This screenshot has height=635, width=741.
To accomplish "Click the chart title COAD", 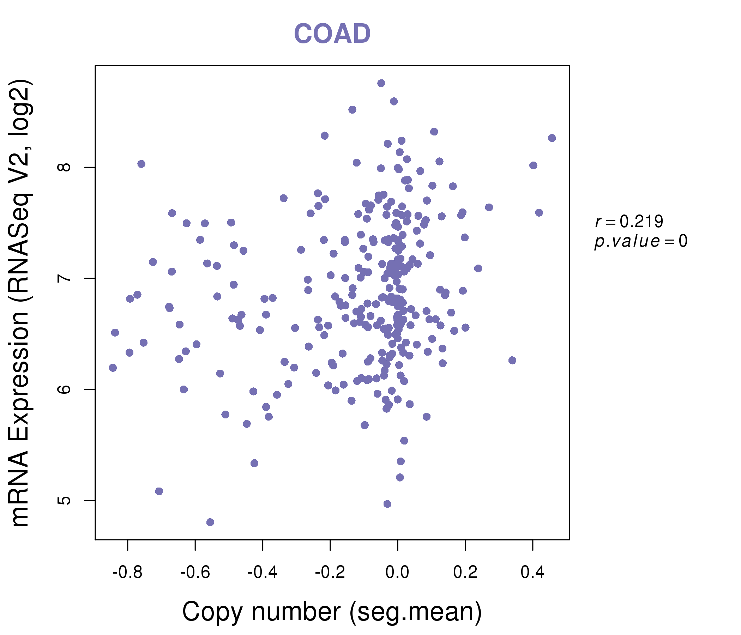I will click(332, 34).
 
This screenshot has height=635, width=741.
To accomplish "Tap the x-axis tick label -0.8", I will click(127, 573).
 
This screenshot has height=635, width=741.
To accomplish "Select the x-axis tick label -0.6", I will click(195, 573).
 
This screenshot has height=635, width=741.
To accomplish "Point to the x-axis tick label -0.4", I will click(263, 573).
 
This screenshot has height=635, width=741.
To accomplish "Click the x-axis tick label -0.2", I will click(330, 573).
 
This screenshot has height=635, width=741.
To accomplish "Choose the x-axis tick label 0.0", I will click(397, 573).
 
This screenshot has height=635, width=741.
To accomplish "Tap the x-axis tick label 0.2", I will click(465, 573).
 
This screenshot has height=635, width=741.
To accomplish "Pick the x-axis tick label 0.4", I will click(532, 573).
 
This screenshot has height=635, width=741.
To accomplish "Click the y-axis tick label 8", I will click(64, 167).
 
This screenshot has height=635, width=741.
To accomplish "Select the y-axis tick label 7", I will click(64, 278).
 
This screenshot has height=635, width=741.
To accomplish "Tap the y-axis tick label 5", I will click(64, 500).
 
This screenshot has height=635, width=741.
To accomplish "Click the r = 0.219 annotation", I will click(629, 222).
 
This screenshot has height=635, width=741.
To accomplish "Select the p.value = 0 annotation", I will click(640, 241).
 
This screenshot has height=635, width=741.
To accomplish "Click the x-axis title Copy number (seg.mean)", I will click(332, 612).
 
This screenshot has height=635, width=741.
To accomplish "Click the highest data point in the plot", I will click(381, 83).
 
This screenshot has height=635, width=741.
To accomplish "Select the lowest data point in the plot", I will click(210, 522).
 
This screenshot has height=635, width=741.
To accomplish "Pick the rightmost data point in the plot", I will click(552, 138).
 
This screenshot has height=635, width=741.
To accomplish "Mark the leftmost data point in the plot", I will click(113, 368).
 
